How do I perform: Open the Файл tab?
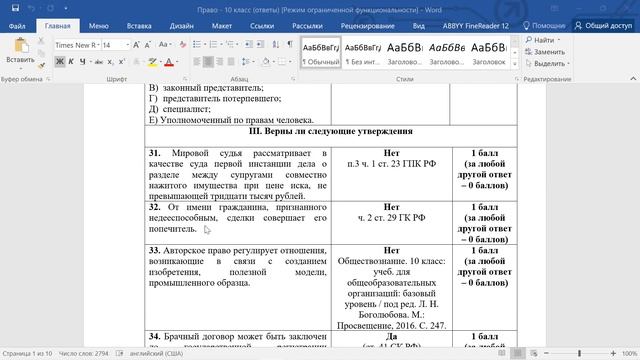pos(17,24)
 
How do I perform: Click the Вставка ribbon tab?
pos(140,24)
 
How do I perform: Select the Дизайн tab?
pos(182,24)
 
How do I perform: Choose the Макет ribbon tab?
pos(221,24)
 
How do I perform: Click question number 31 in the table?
pos(155,153)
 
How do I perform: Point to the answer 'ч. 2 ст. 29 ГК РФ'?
pos(391,217)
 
